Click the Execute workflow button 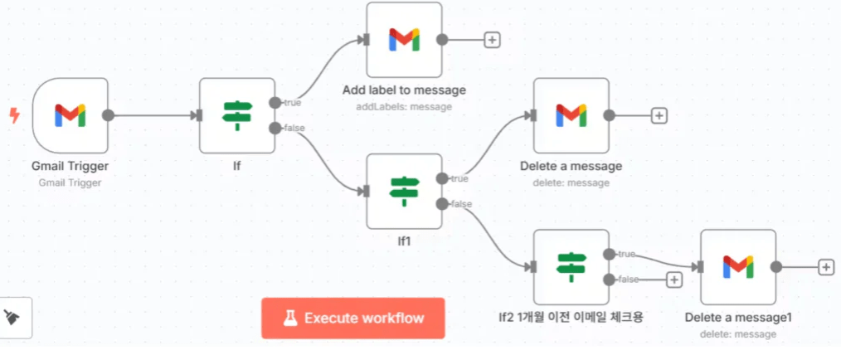coord(352,318)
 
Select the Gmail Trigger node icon coord(70,115)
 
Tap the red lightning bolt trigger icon coord(13,115)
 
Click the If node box coord(237,115)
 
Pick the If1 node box coord(404,191)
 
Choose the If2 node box coord(571,266)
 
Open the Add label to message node coord(404,39)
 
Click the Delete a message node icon coord(571,115)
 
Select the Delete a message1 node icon coord(737,266)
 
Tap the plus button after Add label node coord(492,39)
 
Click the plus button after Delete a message coord(659,115)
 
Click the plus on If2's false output coord(673,280)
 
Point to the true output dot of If coord(275,102)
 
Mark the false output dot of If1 coord(441,204)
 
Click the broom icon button coord(14,317)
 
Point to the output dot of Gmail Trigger coord(107,115)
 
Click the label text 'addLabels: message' coord(404,106)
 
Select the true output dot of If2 coord(609,253)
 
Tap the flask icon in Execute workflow coord(290,318)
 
